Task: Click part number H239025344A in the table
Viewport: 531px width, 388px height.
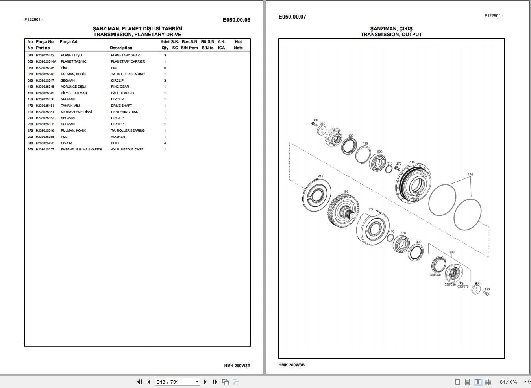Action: pos(46,61)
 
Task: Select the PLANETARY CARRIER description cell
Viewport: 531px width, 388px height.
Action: pos(128,61)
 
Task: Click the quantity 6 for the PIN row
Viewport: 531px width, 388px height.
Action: pos(165,68)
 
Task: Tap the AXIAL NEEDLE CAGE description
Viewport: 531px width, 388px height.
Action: pos(127,149)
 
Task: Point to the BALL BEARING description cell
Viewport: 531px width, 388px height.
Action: pos(122,93)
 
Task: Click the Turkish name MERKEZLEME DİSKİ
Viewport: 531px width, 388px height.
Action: pos(76,112)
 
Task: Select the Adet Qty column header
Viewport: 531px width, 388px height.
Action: pos(165,45)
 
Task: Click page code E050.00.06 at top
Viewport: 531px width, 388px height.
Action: pos(236,20)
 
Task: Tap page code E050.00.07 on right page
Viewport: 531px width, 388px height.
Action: pos(292,17)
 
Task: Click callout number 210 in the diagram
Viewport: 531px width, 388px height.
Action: pos(320,176)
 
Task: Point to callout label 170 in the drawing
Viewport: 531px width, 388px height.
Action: pos(470,175)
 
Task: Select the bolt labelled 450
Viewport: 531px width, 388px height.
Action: pos(486,293)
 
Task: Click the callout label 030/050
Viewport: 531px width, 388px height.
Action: pos(435,275)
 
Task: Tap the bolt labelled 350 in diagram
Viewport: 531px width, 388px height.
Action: pos(314,124)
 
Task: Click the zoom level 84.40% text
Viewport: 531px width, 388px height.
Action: pos(508,382)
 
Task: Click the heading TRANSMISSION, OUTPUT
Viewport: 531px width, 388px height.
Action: pos(391,35)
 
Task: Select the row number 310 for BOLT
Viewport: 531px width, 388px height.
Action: pos(30,143)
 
